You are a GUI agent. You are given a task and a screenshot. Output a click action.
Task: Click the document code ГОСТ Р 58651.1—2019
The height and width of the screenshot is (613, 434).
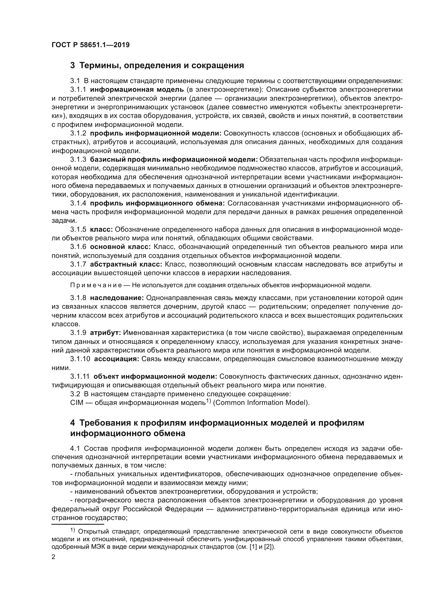91,45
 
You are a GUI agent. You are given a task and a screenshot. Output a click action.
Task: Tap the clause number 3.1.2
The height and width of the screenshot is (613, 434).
78,133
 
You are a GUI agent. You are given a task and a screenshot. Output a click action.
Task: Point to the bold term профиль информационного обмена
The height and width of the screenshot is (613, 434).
157,203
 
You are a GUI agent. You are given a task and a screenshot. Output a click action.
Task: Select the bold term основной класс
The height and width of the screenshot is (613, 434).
120,247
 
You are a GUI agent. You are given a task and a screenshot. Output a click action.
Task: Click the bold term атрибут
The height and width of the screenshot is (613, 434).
105,333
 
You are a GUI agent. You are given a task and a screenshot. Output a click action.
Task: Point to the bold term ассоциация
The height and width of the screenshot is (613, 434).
117,359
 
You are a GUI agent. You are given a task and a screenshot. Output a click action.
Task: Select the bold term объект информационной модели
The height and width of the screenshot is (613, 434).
155,376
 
